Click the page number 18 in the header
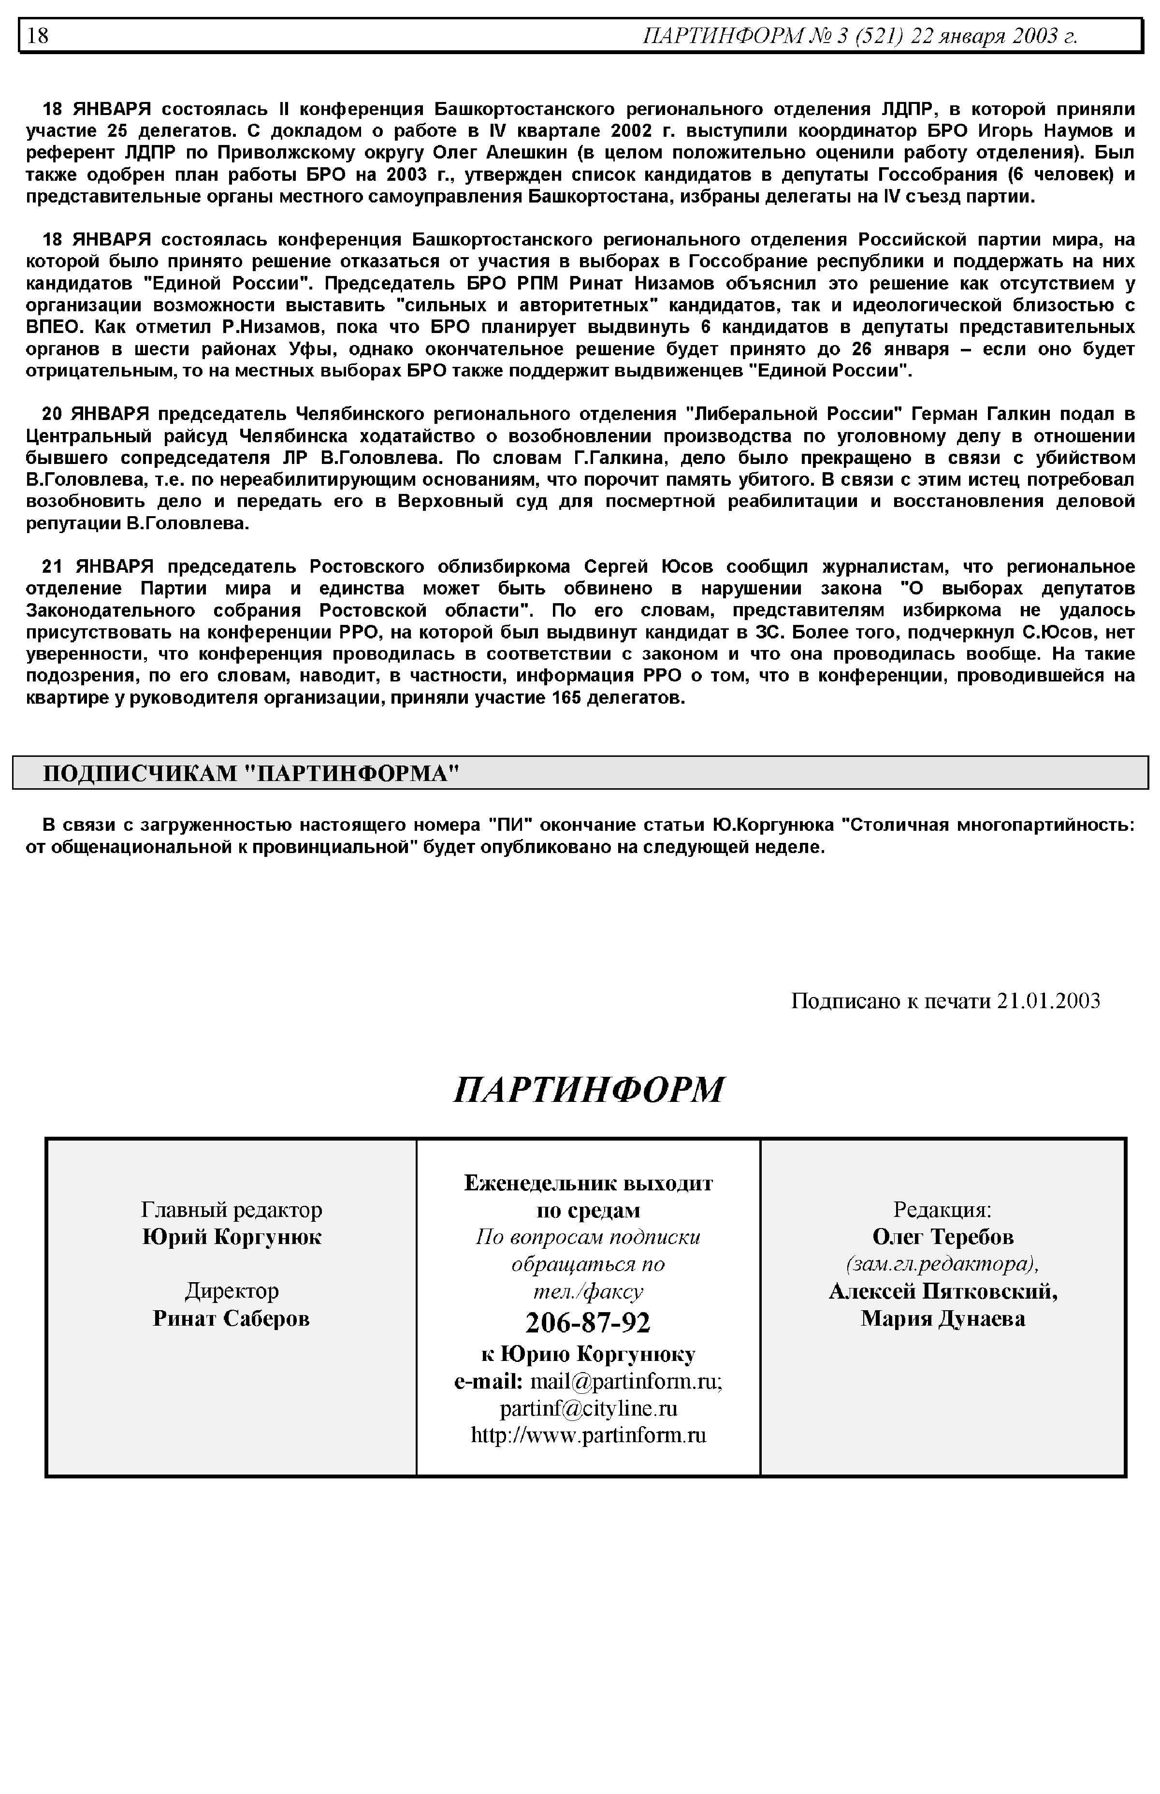tap(38, 35)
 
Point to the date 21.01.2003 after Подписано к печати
tap(1048, 1001)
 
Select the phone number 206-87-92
tap(588, 1322)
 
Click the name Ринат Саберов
tap(231, 1318)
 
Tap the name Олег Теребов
tap(942, 1237)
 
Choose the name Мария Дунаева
tap(942, 1318)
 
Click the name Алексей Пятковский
tap(942, 1291)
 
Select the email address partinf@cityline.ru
tap(588, 1408)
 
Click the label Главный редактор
tap(231, 1210)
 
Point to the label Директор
tap(231, 1291)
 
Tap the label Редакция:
tap(942, 1210)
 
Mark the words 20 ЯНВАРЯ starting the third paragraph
tap(95, 414)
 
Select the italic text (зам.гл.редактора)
tap(942, 1264)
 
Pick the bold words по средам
tap(588, 1210)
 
